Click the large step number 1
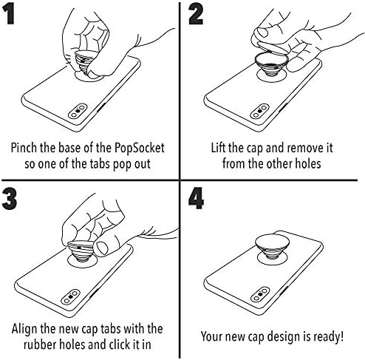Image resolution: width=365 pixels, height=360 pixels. (x=10, y=15)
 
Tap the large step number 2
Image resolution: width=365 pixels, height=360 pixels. (x=196, y=15)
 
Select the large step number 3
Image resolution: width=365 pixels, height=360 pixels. (x=10, y=200)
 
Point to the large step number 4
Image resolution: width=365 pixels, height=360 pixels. (x=196, y=198)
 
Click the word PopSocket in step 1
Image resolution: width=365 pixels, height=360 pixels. (x=140, y=148)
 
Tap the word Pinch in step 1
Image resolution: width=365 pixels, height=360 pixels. (x=24, y=148)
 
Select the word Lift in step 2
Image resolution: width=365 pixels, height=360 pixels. (x=219, y=148)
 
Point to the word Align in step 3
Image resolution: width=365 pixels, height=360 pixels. (x=24, y=329)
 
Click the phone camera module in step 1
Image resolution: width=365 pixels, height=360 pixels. (x=78, y=111)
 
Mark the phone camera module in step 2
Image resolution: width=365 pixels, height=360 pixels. (x=259, y=111)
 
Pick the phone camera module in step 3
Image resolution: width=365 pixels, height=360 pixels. (x=70, y=296)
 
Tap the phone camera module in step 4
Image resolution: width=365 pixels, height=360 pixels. (x=260, y=294)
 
